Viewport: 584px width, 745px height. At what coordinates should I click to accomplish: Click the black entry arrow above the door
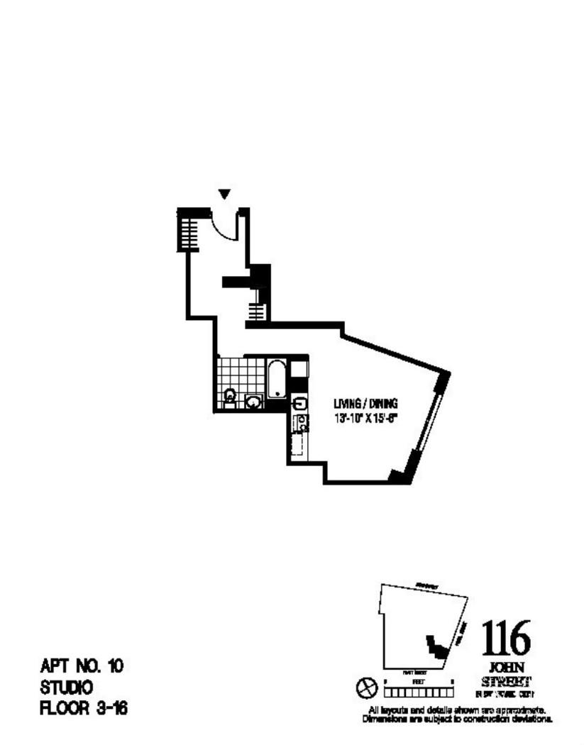pyautogui.click(x=225, y=193)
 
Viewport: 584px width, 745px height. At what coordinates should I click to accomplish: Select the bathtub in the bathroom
pyautogui.click(x=276, y=379)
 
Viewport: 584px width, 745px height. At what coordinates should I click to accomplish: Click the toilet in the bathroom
pyautogui.click(x=230, y=396)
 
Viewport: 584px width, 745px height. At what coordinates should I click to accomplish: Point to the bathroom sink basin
pyautogui.click(x=253, y=402)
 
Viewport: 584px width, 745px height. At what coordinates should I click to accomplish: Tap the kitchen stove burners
pyautogui.click(x=302, y=423)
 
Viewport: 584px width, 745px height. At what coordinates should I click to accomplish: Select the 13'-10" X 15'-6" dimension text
pyautogui.click(x=365, y=418)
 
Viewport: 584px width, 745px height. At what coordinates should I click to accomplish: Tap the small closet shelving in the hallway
pyautogui.click(x=257, y=311)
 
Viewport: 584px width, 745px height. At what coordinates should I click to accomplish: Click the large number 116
pyautogui.click(x=506, y=639)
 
